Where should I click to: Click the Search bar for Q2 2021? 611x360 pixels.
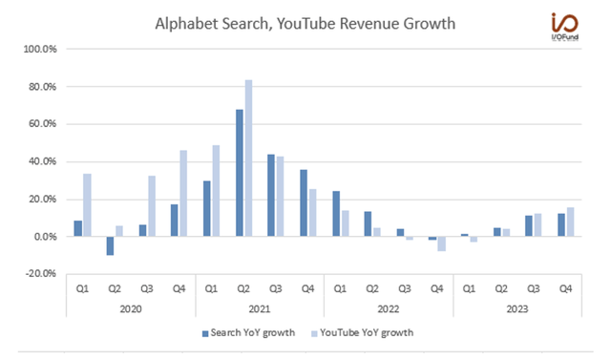tap(239, 173)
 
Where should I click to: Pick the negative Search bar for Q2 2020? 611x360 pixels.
tap(110, 246)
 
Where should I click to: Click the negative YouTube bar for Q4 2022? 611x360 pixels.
tap(443, 244)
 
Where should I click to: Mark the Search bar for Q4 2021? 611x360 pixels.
tap(303, 203)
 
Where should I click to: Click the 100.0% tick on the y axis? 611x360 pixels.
tap(43, 49)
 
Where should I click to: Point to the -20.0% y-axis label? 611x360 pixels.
tap(43, 274)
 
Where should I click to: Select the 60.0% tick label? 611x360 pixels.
tap(45, 124)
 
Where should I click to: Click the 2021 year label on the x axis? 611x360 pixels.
tap(260, 307)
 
